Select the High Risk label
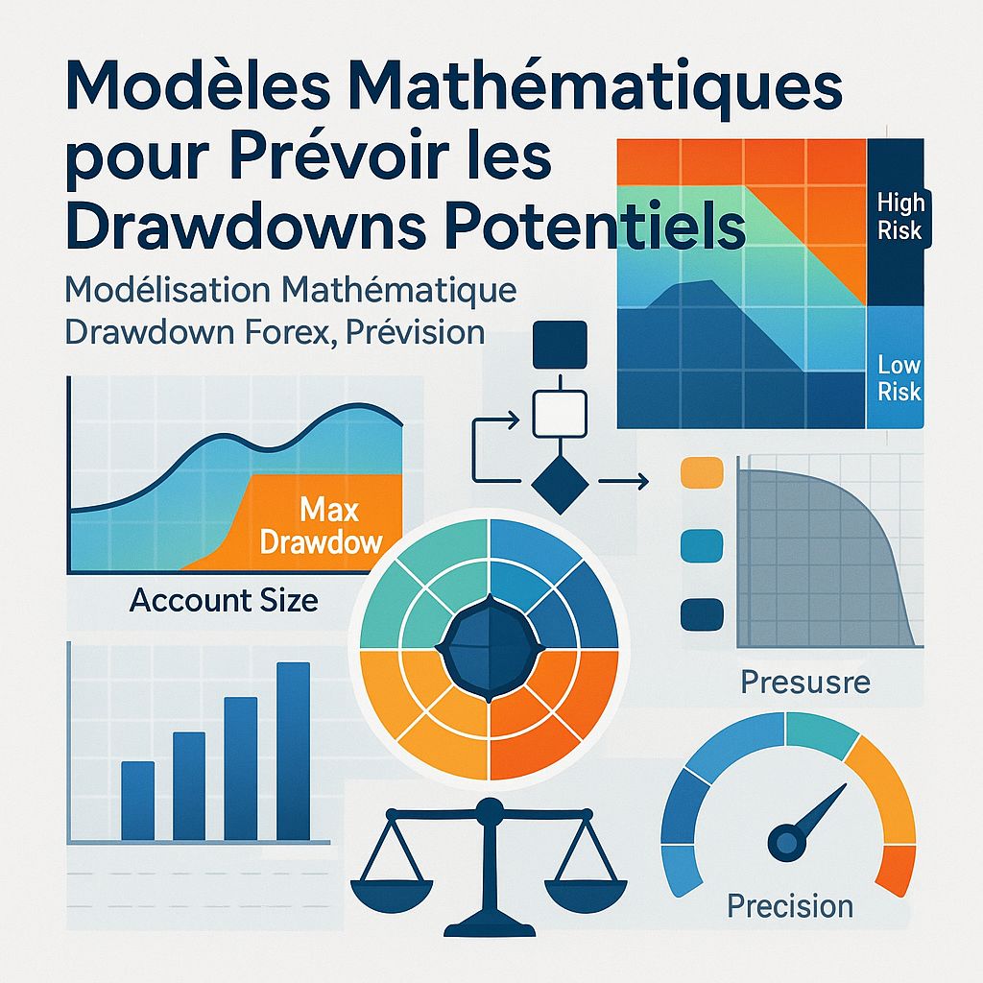click(x=899, y=216)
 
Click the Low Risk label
click(x=899, y=377)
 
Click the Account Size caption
click(x=224, y=601)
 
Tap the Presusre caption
click(x=805, y=683)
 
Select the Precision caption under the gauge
click(x=790, y=905)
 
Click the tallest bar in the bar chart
click(x=293, y=750)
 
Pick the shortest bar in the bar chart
click(x=138, y=800)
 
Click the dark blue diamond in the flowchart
click(x=558, y=483)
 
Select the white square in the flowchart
click(x=558, y=414)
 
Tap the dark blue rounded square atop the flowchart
click(x=558, y=345)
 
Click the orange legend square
click(x=700, y=474)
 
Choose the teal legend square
click(x=700, y=544)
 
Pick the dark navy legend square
click(x=700, y=613)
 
